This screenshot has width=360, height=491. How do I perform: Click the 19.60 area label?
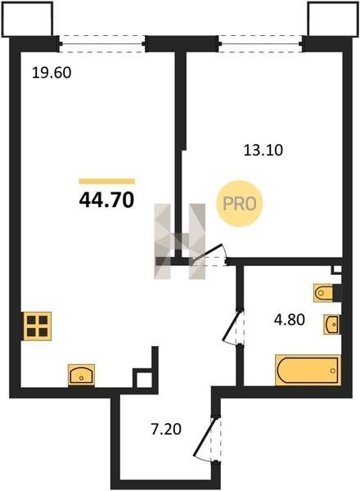pyautogui.click(x=52, y=73)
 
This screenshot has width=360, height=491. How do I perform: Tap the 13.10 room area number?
pyautogui.click(x=263, y=151)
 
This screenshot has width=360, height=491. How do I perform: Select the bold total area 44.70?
pyautogui.click(x=106, y=200)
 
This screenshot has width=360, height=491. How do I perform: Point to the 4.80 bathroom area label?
pyautogui.click(x=290, y=320)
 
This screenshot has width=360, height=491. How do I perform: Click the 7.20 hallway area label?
pyautogui.click(x=166, y=429)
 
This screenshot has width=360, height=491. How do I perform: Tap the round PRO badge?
pyautogui.click(x=240, y=204)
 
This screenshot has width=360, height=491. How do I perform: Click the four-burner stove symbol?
pyautogui.click(x=38, y=326)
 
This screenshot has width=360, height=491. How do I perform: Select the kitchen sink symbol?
pyautogui.click(x=81, y=375)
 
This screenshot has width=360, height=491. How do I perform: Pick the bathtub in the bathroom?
pyautogui.click(x=308, y=370)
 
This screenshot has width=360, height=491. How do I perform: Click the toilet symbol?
pyautogui.click(x=324, y=293)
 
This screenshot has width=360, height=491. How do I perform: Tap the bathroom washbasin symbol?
pyautogui.click(x=332, y=324)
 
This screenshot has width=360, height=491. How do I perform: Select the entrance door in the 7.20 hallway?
pyautogui.click(x=208, y=439)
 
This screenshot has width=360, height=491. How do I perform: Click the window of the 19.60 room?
pyautogui.click(x=102, y=44)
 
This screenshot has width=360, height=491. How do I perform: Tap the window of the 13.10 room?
pyautogui.click(x=260, y=44)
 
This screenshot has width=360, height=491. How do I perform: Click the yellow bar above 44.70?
pyautogui.click(x=106, y=182)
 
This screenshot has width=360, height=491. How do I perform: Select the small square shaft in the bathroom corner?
pyautogui.click(x=337, y=269)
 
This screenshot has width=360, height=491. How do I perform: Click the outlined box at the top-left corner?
pyautogui.click(x=27, y=19)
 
